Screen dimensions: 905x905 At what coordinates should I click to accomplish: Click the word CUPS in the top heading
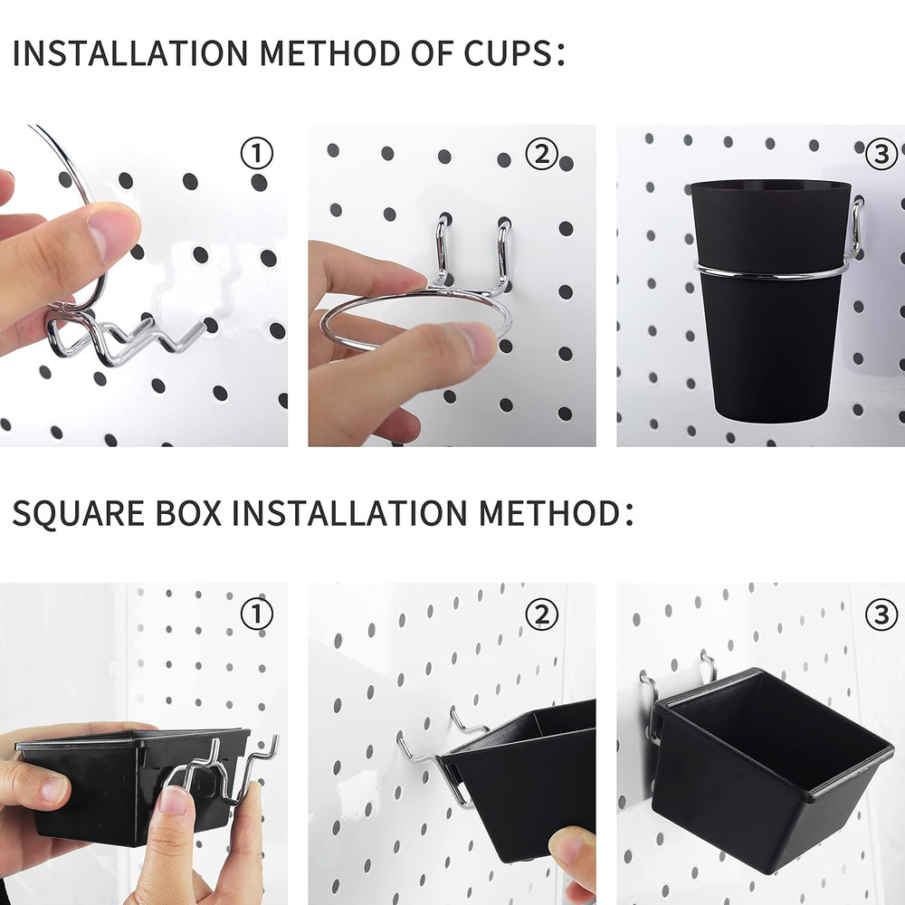pos(501,53)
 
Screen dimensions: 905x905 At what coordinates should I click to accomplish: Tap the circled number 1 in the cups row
pos(257,155)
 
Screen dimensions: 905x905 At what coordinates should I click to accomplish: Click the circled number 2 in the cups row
pos(541,155)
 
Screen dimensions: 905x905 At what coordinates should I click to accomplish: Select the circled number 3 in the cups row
pos(881,155)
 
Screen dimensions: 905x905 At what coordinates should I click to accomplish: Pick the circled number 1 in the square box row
pos(257,615)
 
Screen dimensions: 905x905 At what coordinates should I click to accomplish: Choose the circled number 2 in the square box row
pos(541,615)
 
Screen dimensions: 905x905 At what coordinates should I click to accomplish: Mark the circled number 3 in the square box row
pos(881,615)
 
